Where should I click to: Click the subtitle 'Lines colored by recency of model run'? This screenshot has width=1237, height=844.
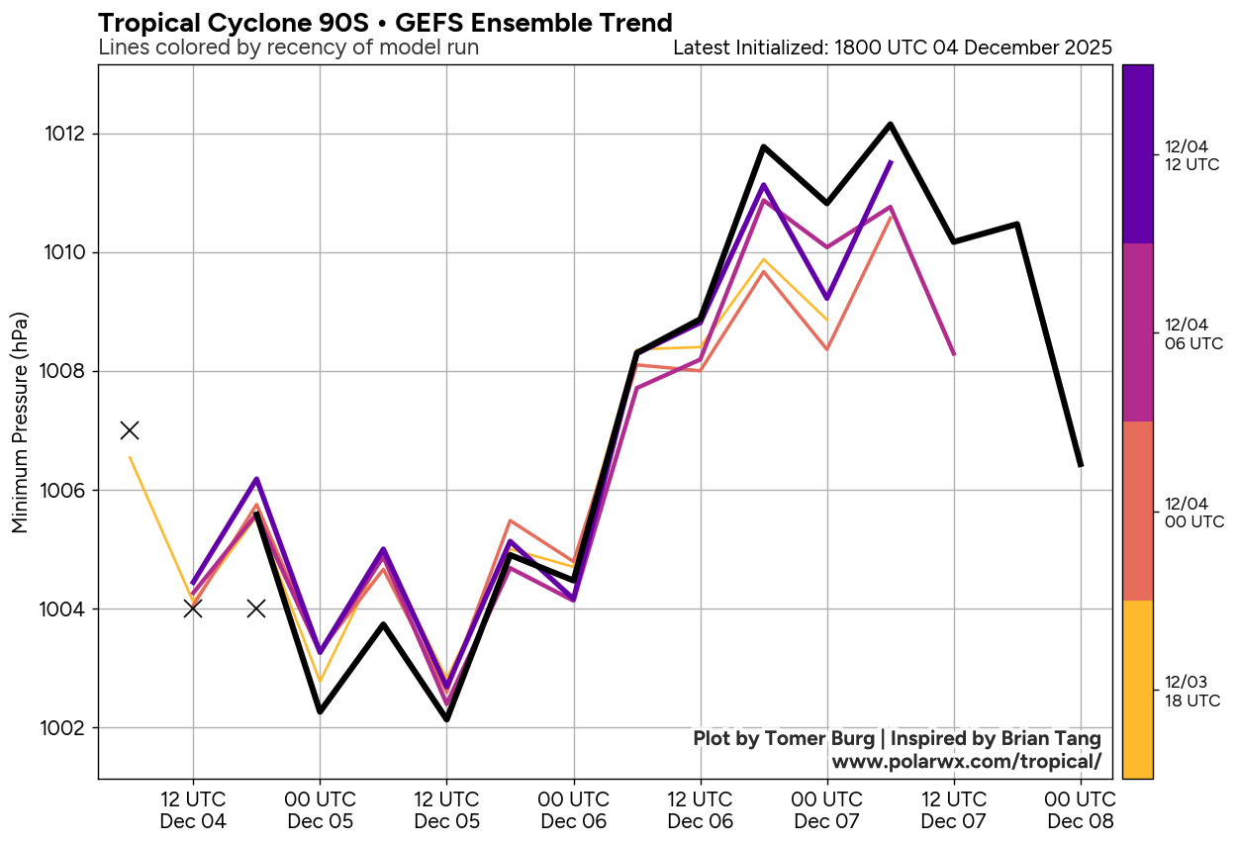289,47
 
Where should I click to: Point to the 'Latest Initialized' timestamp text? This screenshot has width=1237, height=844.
892,47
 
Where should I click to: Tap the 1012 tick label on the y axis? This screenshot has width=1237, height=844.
66,135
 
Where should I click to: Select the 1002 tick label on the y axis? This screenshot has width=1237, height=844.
66,728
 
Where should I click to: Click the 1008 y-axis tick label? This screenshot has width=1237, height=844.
66,372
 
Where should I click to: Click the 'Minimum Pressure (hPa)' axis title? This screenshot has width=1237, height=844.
21,423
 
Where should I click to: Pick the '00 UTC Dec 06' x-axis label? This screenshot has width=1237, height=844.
573,809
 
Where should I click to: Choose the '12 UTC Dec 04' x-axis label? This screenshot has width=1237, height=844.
193,809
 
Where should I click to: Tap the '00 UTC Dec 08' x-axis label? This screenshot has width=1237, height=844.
1080,809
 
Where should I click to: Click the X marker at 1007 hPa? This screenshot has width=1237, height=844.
130,430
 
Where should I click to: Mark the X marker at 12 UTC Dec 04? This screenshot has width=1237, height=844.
193,609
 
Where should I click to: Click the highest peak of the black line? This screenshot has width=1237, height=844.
891,125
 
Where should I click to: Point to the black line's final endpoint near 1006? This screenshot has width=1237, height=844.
1081,465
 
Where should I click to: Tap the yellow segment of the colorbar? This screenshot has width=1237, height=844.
1137,690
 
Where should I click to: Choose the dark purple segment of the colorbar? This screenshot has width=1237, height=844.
1137,154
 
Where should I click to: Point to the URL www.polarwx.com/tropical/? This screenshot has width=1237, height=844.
966,762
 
